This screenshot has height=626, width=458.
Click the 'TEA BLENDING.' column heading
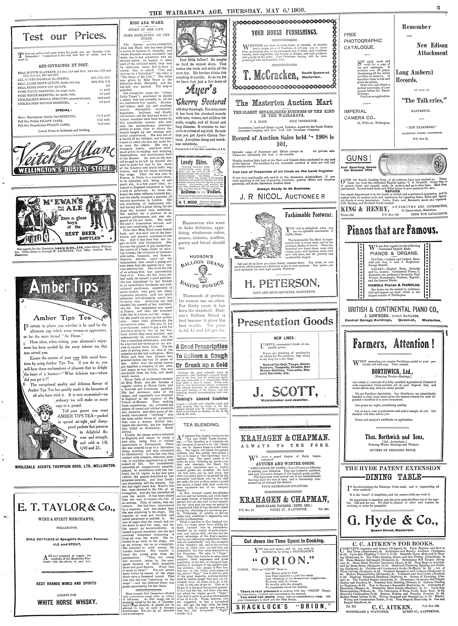pos(201,425)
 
